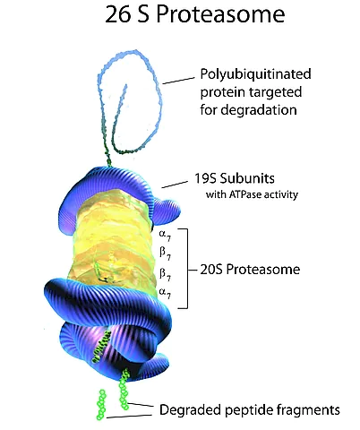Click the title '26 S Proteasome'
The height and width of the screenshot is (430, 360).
pos(195,14)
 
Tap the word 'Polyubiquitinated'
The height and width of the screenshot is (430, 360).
pos(255,74)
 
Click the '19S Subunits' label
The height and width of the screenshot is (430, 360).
pos(235,178)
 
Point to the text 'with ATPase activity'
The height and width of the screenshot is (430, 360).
pos(252,194)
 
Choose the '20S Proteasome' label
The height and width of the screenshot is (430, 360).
pos(250,270)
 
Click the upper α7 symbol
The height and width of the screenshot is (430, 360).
pos(165,235)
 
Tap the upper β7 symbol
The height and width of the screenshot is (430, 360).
pos(165,254)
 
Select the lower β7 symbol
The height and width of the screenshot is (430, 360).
pos(165,274)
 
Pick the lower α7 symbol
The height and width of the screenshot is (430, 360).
pos(165,293)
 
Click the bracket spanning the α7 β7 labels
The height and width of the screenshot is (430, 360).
pos(187,269)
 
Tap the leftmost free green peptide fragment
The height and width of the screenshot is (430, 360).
pos(101,405)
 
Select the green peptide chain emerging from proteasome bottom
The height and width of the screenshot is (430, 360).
pos(124,390)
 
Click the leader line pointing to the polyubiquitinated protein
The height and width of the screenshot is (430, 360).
pos(178,81)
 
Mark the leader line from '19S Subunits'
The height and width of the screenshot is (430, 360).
pos(175,185)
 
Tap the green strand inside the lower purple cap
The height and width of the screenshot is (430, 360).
pos(101,347)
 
